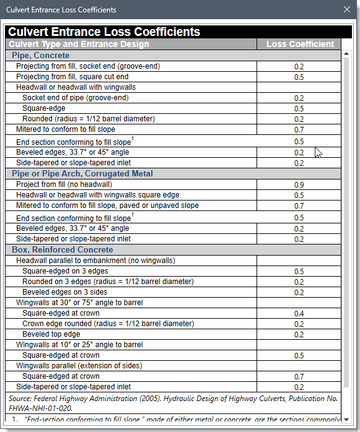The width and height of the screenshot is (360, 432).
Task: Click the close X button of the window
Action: (347, 9)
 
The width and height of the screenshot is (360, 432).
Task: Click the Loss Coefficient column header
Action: (300, 44)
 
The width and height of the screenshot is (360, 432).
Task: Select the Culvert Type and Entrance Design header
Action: (78, 44)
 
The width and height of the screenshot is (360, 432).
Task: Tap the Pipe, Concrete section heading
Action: (41, 56)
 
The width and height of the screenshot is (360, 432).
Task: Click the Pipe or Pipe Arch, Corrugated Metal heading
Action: (82, 174)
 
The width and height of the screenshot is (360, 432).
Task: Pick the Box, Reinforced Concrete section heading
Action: (63, 250)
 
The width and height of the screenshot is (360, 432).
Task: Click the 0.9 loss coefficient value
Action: (299, 185)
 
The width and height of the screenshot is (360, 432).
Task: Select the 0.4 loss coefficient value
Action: (299, 314)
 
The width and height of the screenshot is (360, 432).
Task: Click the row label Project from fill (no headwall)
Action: (64, 184)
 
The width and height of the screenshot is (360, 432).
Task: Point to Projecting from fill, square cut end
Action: (72, 77)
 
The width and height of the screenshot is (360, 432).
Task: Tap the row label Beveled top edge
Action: (51, 334)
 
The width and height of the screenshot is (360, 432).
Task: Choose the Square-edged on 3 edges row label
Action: (65, 271)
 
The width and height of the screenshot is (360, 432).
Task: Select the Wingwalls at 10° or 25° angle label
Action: (79, 345)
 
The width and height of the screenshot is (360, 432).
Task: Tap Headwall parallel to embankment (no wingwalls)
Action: (95, 261)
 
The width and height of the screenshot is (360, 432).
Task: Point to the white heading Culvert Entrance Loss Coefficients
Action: (104, 32)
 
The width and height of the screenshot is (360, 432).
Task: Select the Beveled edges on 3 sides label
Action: (64, 292)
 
